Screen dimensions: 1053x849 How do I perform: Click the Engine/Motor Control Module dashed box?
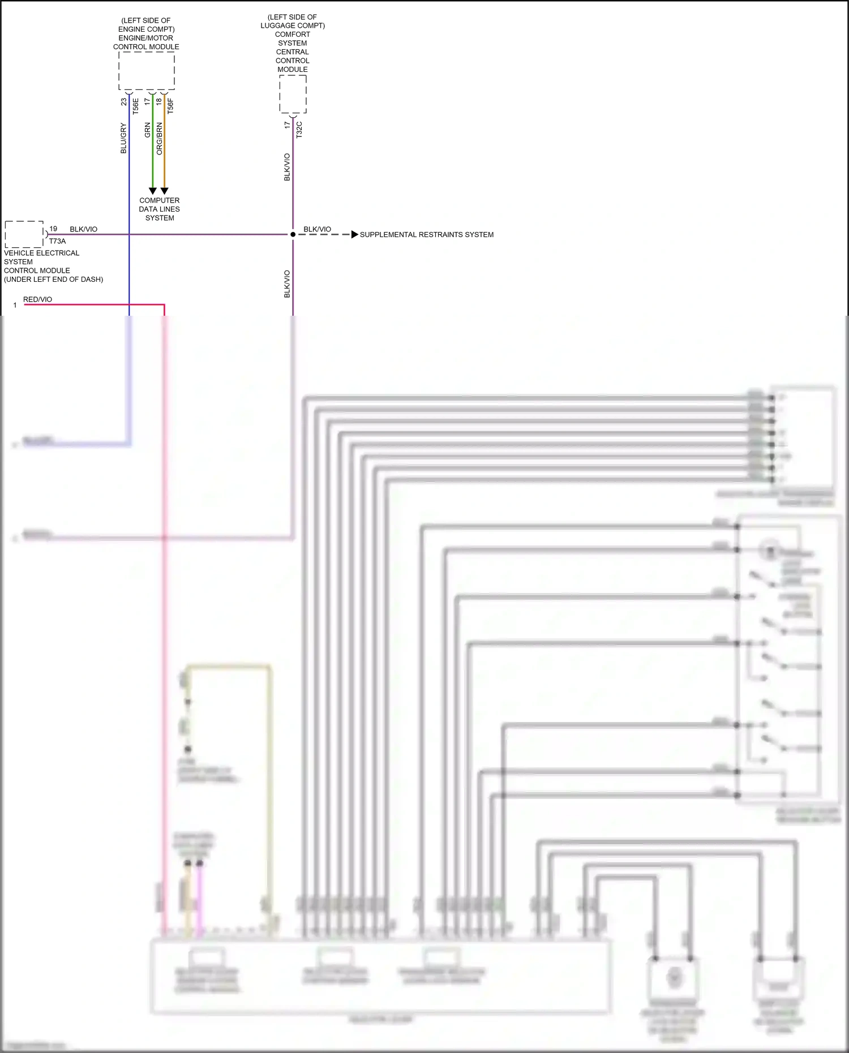[147, 71]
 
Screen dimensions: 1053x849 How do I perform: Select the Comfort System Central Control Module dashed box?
[293, 94]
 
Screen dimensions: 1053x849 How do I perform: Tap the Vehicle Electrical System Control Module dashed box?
[24, 234]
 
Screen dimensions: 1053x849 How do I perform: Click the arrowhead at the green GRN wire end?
[152, 191]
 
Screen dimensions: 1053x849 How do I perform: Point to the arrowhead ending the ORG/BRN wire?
[164, 191]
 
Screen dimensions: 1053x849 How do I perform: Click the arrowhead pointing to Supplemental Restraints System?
[355, 234]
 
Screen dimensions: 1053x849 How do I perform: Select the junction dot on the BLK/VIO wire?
[293, 234]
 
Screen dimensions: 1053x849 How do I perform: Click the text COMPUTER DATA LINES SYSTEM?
[160, 209]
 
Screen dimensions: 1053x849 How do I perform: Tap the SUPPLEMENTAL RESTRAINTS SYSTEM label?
[426, 234]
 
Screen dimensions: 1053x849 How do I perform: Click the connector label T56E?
[135, 106]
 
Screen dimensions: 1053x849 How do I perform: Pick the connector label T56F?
[170, 106]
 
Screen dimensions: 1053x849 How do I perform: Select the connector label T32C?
[299, 130]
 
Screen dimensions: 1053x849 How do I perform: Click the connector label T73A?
[57, 241]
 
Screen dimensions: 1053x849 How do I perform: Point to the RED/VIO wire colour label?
[37, 299]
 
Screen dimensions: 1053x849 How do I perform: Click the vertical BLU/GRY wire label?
[123, 139]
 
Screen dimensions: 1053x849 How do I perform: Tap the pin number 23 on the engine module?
[123, 102]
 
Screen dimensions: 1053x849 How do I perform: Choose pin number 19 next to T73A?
[53, 229]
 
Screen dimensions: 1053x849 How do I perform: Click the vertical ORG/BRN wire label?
[159, 139]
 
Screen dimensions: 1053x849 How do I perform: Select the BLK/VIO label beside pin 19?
[83, 229]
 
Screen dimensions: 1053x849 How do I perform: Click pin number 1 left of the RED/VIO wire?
[15, 306]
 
